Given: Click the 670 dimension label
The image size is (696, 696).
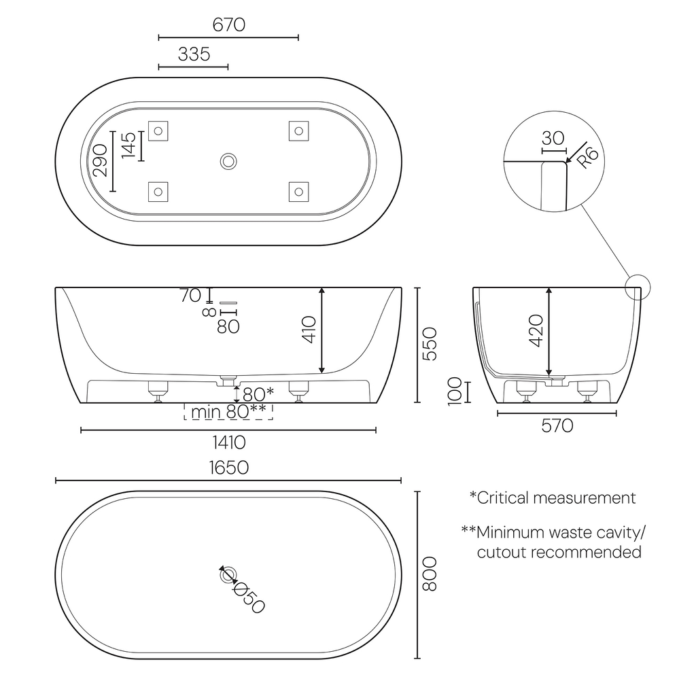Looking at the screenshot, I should click(x=228, y=25).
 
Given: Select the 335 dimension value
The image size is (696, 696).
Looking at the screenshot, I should click(x=194, y=54).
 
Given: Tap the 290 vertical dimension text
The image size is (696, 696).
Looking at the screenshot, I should click(x=101, y=160).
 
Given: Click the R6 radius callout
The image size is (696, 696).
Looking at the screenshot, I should click(x=588, y=158).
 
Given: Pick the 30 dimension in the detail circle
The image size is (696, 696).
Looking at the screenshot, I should click(x=553, y=138).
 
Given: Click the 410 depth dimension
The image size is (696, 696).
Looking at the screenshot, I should click(x=309, y=330).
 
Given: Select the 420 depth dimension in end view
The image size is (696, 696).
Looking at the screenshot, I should click(x=536, y=331).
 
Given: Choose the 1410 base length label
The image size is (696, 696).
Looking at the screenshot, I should click(x=228, y=443).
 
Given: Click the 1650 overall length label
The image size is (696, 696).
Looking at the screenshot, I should click(x=228, y=468).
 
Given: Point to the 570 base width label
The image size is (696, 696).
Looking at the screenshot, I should click(x=557, y=426).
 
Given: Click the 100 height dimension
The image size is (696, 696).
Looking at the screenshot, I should click(x=455, y=391).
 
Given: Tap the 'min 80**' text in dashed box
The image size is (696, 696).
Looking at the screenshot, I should click(x=228, y=411).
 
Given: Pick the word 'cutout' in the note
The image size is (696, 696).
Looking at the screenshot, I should click(x=501, y=552).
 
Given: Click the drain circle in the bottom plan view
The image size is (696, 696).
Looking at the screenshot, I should click(x=228, y=576).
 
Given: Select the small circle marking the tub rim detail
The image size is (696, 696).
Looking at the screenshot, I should click(x=638, y=287).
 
